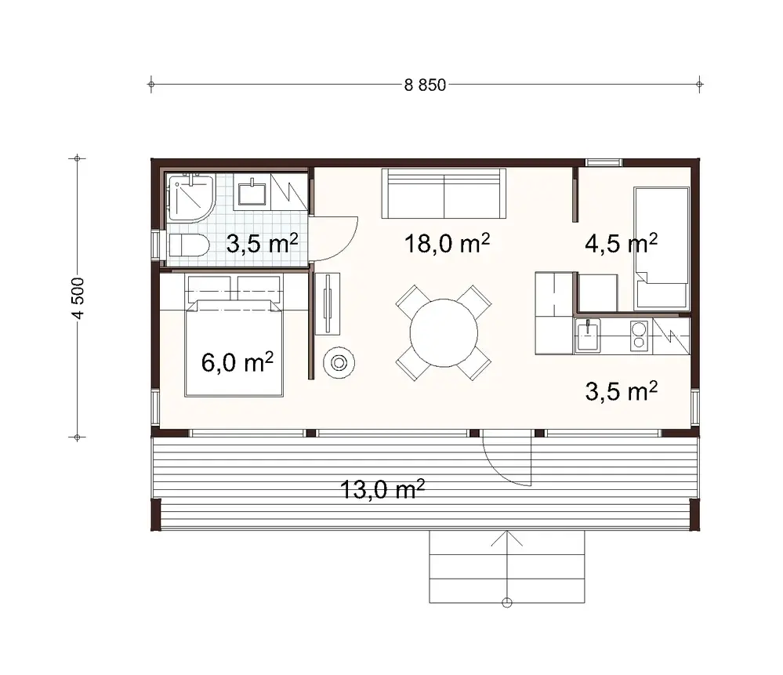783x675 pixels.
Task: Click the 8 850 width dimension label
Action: click(x=425, y=85)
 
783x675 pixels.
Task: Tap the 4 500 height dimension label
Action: click(x=77, y=298)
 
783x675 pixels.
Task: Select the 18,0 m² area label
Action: click(x=447, y=244)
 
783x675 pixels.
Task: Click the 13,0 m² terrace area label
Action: click(x=382, y=490)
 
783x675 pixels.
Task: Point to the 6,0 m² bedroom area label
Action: click(x=237, y=362)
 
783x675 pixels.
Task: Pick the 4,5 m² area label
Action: click(x=621, y=244)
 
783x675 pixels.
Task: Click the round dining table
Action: click(x=444, y=332)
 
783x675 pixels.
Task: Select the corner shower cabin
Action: click(x=190, y=198)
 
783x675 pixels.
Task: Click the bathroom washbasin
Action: click(x=252, y=191)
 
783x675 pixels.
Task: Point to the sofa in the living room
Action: click(x=444, y=193)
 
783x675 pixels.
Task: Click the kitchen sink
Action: click(x=589, y=336)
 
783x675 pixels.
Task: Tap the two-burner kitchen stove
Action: click(x=639, y=336)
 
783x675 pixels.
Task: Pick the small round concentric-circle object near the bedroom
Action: click(x=339, y=362)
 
